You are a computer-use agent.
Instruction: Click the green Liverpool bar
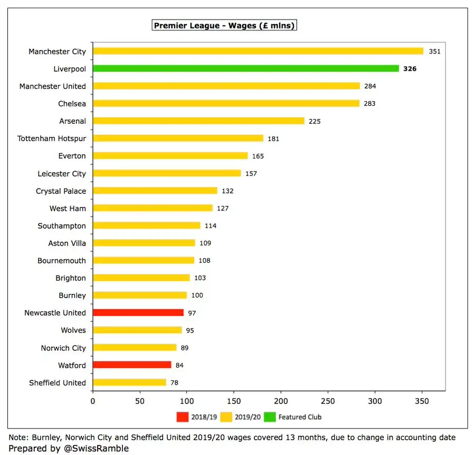245,69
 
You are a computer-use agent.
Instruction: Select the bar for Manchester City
258,51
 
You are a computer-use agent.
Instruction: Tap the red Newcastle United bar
138,313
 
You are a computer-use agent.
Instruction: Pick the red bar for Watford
132,365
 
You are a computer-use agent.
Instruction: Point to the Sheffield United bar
129,383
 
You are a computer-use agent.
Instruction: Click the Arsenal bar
198,121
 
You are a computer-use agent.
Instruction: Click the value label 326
410,69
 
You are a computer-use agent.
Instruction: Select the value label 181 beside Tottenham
273,138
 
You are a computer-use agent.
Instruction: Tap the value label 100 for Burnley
197,295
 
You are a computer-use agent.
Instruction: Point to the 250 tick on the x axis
328,402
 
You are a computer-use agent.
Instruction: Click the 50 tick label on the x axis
140,402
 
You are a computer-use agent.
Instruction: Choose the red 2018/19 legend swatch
182,417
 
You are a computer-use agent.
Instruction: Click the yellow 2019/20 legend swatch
225,417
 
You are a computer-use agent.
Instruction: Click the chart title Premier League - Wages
224,25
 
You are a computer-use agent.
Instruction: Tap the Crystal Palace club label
61,191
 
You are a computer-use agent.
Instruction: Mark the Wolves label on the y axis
73,330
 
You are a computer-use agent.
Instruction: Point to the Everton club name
72,156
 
